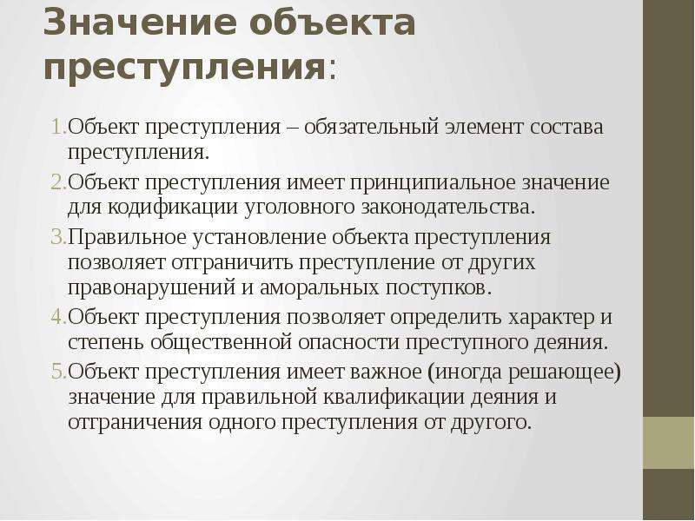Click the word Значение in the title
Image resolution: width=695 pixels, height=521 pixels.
click(x=141, y=23)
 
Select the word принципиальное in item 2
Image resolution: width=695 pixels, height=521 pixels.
click(x=433, y=183)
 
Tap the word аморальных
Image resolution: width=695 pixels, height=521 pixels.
click(x=319, y=288)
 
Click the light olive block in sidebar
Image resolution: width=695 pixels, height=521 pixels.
click(x=669, y=443)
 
